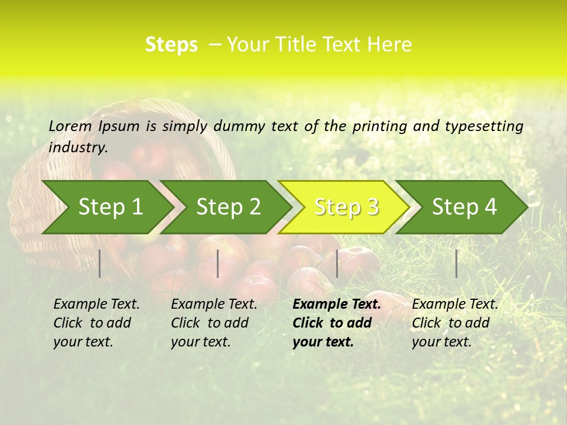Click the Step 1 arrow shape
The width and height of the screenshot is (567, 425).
(x=110, y=207)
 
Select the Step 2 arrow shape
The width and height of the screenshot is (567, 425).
(x=228, y=207)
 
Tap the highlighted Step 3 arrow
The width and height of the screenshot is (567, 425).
(x=346, y=207)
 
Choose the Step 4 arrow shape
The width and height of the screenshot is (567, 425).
(x=464, y=207)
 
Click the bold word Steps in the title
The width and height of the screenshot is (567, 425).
(x=171, y=45)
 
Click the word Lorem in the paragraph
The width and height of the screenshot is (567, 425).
(x=70, y=126)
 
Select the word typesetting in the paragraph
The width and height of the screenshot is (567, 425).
(x=484, y=126)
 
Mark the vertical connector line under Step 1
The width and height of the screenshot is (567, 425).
(x=100, y=263)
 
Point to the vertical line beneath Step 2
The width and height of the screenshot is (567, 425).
(x=218, y=263)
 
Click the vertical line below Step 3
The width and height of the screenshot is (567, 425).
(x=337, y=263)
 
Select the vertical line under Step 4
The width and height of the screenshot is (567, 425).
(x=456, y=263)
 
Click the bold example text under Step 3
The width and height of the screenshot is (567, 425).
(x=337, y=323)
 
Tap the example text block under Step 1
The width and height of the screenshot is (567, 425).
(x=96, y=323)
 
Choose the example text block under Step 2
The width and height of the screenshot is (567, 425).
(x=214, y=323)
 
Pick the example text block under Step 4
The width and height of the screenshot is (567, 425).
(x=455, y=323)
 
